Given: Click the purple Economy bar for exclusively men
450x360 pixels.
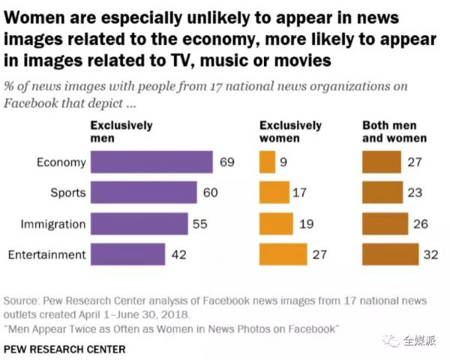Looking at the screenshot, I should tap(151, 162).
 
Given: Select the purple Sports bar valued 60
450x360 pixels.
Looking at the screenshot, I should tap(143, 193).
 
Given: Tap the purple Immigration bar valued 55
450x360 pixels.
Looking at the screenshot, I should tap(139, 223).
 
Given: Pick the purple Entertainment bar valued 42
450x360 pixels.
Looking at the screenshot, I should tap(127, 254).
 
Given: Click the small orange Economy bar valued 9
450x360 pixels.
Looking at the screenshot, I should tap(267, 162).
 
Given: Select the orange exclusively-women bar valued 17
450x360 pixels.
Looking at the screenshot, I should tap(273, 193).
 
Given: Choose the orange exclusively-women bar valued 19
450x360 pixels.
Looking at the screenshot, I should tap(275, 223).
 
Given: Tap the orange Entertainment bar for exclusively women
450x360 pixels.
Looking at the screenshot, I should tap(283, 254).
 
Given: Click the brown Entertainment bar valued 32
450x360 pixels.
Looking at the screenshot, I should tap(390, 254).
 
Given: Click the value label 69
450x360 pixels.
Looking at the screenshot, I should tap(227, 162).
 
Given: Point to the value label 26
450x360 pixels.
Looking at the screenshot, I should tap(421, 223).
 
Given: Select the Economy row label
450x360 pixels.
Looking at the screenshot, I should tap(61, 162).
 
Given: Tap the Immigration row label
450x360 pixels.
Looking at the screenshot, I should tap(52, 223).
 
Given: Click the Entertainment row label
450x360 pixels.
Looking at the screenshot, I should tap(46, 254).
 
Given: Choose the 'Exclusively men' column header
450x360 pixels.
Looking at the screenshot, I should tap(121, 132).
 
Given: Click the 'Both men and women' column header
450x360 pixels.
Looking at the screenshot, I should tap(394, 132).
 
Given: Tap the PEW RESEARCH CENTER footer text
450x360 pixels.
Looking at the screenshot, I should tap(64, 349).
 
